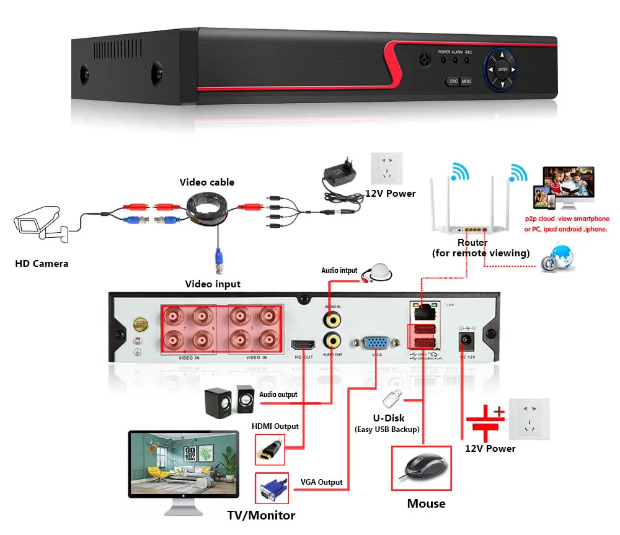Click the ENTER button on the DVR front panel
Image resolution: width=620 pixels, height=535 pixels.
click(503, 70)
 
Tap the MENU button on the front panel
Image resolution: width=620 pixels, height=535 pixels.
click(466, 81)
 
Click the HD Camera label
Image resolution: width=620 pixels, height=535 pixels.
click(42, 264)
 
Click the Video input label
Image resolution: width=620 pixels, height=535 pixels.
click(213, 284)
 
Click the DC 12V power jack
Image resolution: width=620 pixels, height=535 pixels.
click(464, 341)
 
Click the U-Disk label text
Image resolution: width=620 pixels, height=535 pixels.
click(389, 418)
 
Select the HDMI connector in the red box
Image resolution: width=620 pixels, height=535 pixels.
click(270, 449)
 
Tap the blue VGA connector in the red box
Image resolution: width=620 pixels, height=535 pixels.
click(272, 487)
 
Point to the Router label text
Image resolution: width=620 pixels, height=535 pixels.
click(472, 243)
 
